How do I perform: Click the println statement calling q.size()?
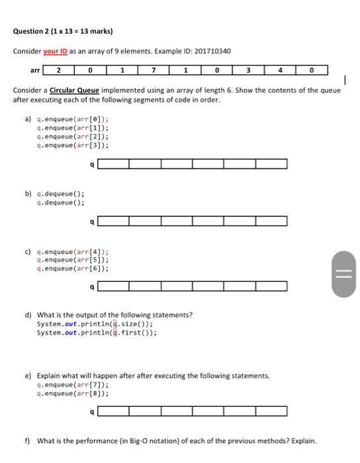[x=95, y=324]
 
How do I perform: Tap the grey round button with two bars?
[x=344, y=273]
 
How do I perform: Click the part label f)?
[x=28, y=441]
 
